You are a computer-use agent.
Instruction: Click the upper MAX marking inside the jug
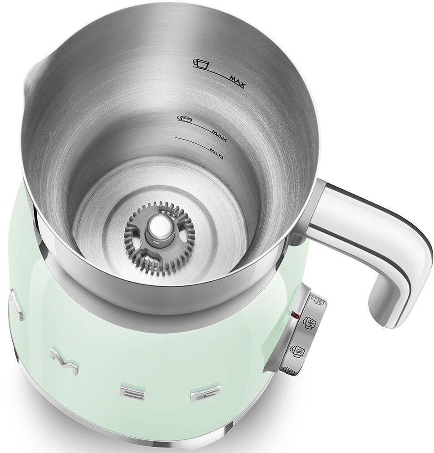point(237,81)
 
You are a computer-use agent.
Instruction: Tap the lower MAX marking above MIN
point(219,136)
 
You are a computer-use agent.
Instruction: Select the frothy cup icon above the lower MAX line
point(185,119)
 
